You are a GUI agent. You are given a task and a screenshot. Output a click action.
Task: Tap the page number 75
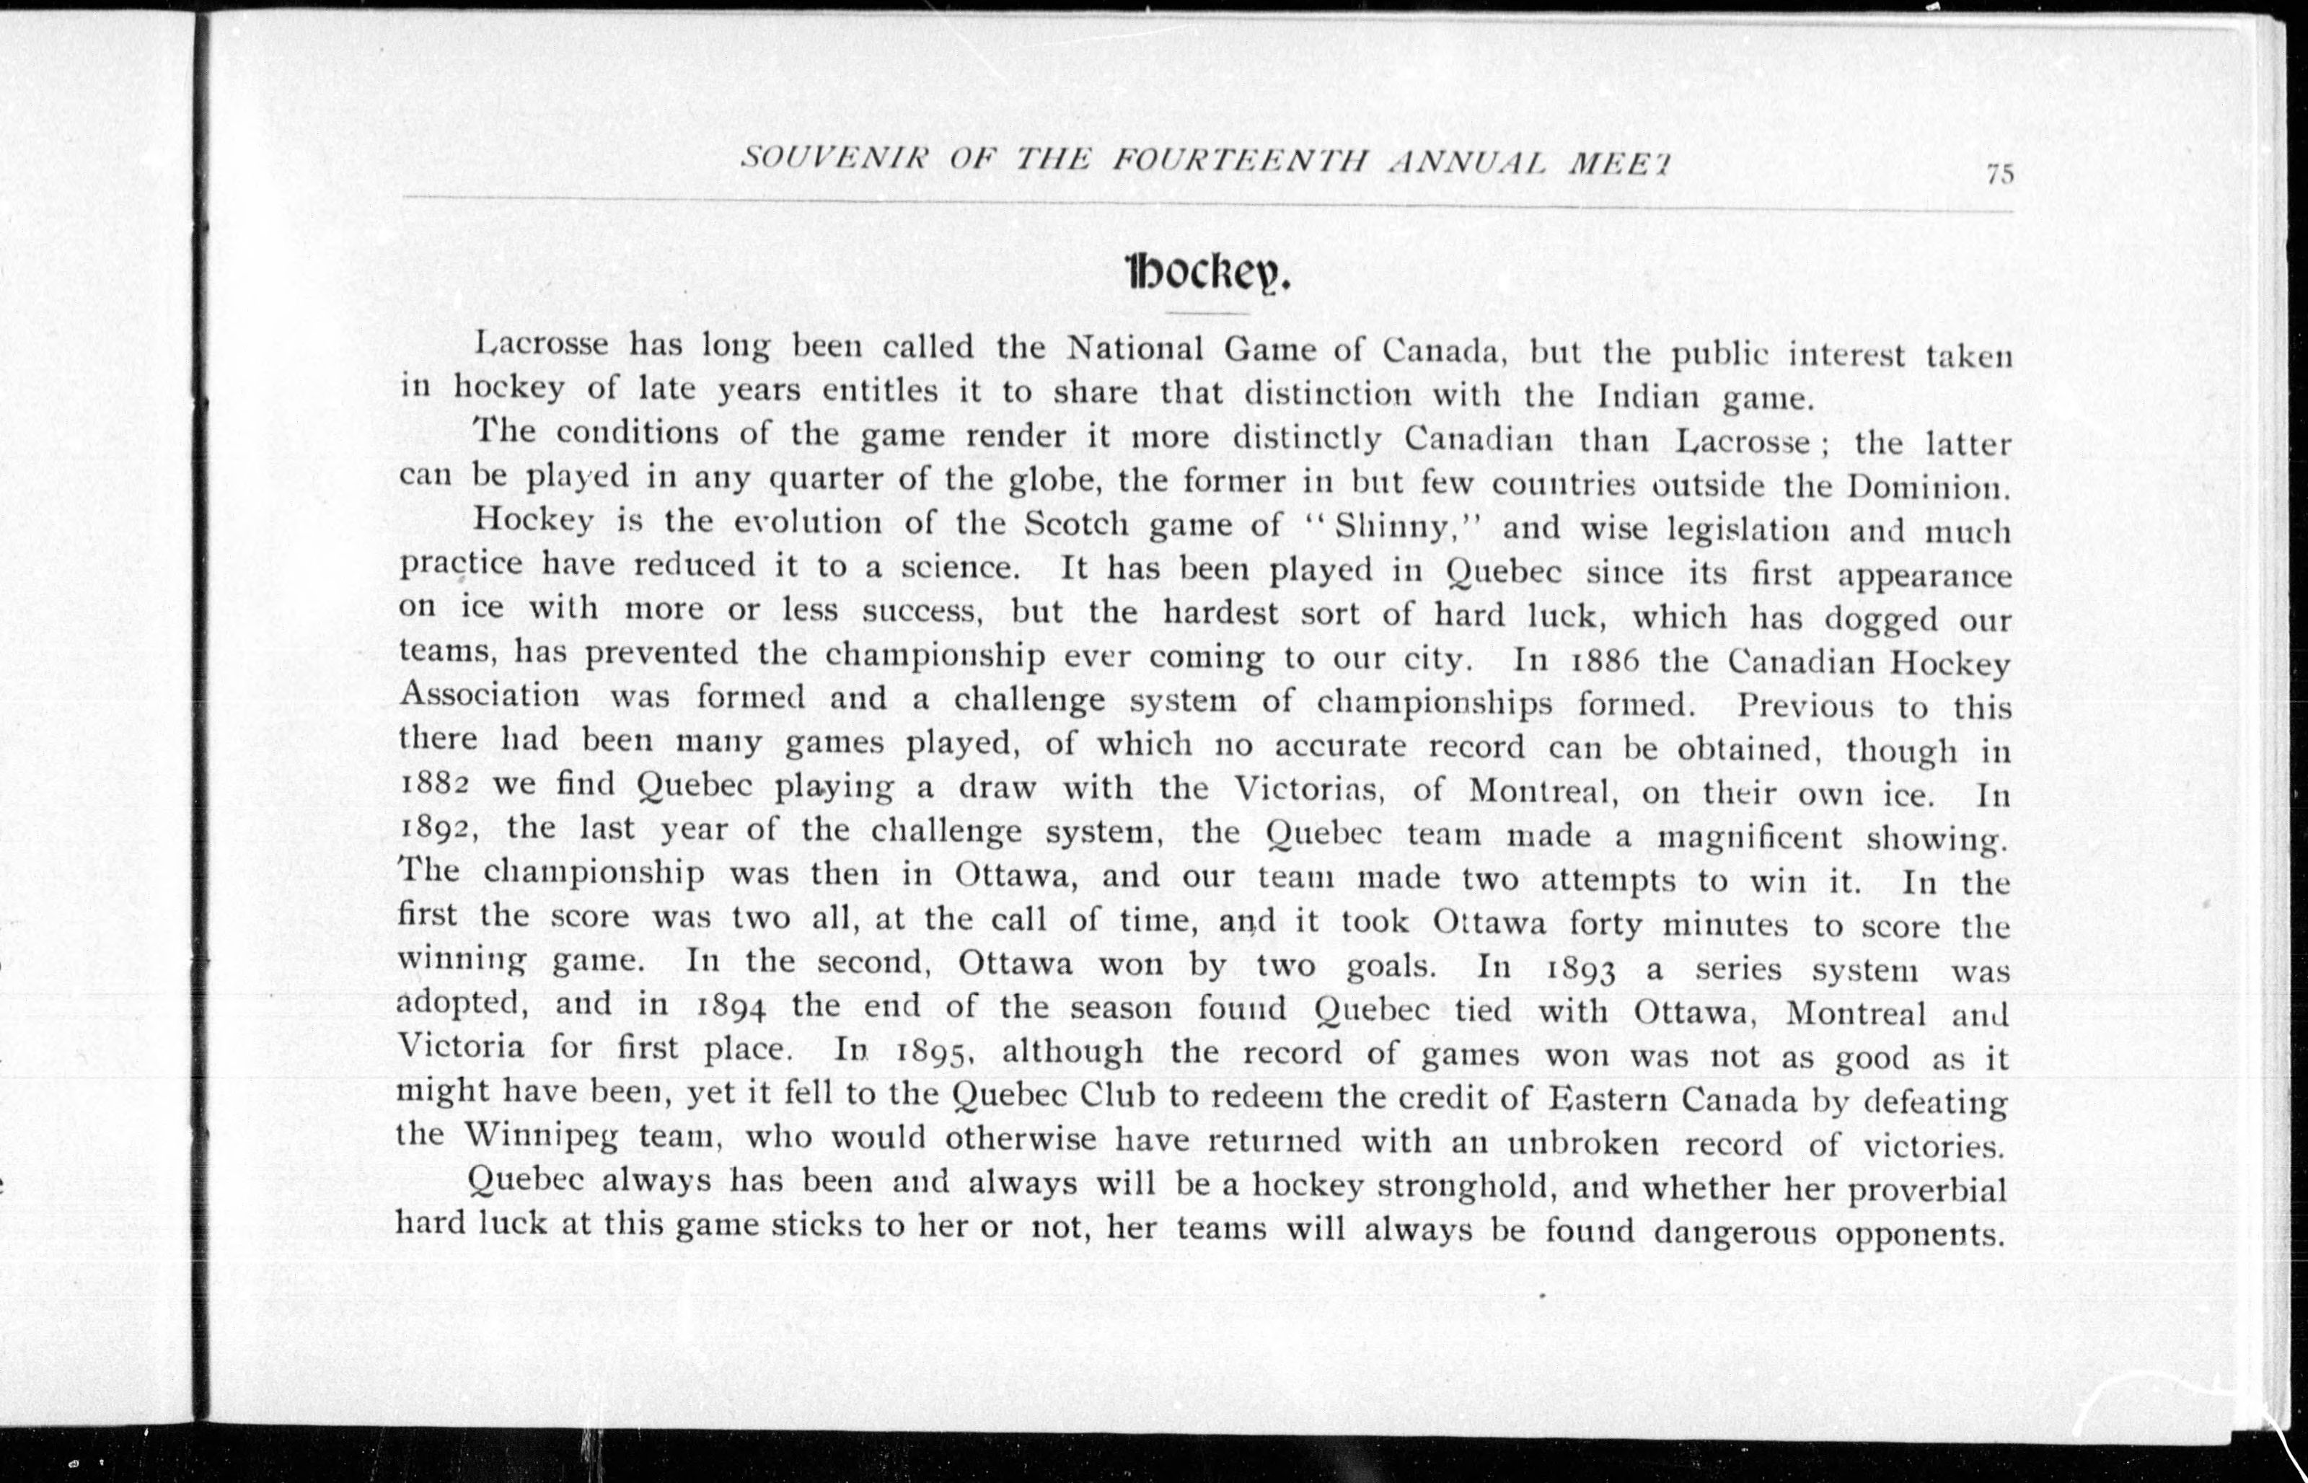1999,175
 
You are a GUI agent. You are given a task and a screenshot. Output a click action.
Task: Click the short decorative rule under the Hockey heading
1207,313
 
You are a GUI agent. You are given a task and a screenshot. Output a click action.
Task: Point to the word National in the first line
1136,348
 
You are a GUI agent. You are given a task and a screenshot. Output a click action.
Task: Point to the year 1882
433,784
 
